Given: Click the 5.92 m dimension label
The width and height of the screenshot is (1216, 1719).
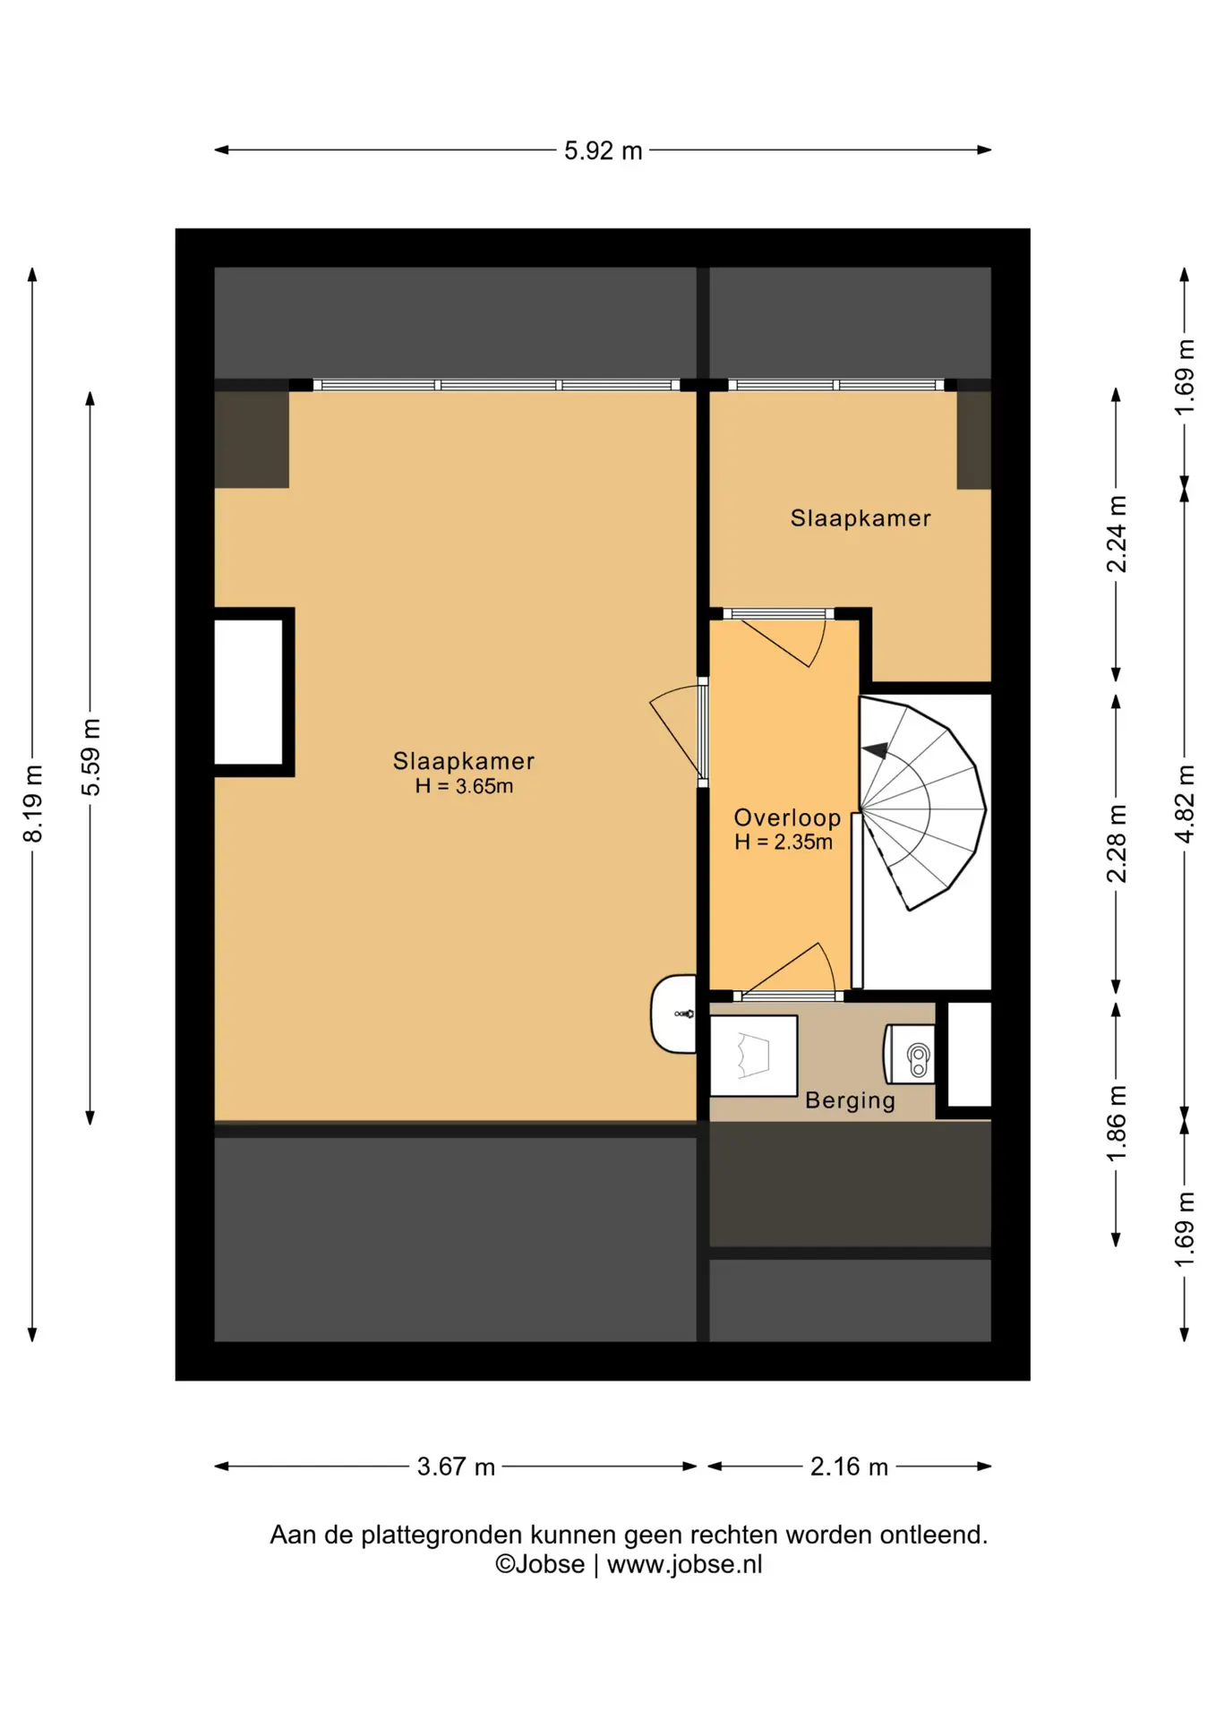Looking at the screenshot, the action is pyautogui.click(x=603, y=150).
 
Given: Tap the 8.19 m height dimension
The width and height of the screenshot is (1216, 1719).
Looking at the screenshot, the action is pyautogui.click(x=33, y=803).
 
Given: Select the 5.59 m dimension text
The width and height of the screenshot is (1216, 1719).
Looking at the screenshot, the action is pyautogui.click(x=90, y=757).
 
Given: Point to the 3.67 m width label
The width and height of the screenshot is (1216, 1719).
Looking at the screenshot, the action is pyautogui.click(x=456, y=1467).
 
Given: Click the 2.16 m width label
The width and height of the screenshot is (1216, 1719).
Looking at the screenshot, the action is pyautogui.click(x=849, y=1467).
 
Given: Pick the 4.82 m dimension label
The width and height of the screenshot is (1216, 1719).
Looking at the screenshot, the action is pyautogui.click(x=1185, y=803).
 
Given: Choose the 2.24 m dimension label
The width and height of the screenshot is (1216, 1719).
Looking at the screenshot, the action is pyautogui.click(x=1117, y=534).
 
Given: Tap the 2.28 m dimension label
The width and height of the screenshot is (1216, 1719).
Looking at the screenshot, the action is pyautogui.click(x=1117, y=843).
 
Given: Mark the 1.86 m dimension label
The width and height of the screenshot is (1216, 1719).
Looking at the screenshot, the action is pyautogui.click(x=1117, y=1124).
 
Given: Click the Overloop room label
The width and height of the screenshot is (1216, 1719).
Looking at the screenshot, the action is pyautogui.click(x=787, y=817).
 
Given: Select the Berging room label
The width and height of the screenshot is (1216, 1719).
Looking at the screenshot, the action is pyautogui.click(x=850, y=1100).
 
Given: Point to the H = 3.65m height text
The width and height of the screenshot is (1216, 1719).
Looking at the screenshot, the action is pyautogui.click(x=464, y=786).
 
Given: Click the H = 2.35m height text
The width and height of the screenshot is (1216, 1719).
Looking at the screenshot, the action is pyautogui.click(x=784, y=842).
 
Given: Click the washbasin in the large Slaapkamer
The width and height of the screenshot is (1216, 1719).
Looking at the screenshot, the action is pyautogui.click(x=673, y=1013).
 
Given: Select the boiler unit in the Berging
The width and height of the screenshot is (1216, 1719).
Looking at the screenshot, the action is pyautogui.click(x=910, y=1054).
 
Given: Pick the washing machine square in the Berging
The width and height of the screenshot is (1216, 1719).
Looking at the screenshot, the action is pyautogui.click(x=753, y=1056).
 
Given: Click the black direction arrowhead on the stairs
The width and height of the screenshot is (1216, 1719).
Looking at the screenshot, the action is pyautogui.click(x=875, y=750).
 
